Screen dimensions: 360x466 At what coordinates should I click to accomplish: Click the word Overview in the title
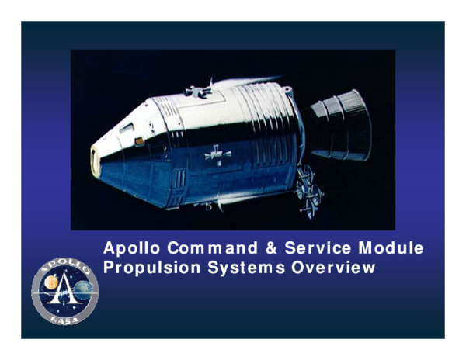point(334,268)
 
